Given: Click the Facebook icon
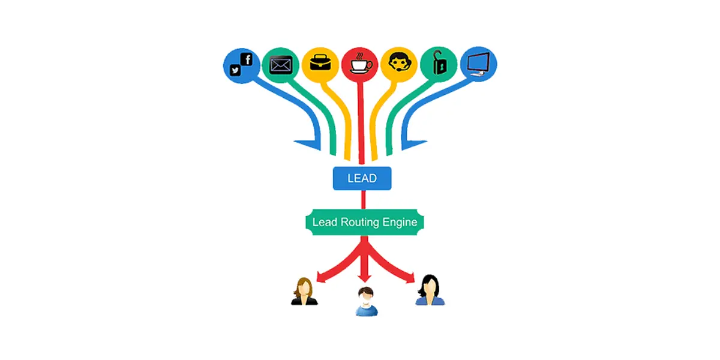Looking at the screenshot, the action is (x=247, y=59).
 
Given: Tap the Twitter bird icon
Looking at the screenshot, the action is (x=235, y=70).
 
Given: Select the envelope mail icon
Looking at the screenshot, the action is (x=281, y=65).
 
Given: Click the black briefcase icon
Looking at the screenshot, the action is (x=320, y=62).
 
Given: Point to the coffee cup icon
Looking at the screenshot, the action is (x=361, y=64).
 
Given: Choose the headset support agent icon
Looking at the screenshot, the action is (x=399, y=62).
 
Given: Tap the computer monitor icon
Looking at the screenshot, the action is (x=479, y=64).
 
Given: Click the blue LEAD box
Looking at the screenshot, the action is (x=362, y=178).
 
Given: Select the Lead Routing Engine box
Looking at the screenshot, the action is (x=365, y=222).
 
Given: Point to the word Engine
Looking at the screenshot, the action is (x=400, y=223).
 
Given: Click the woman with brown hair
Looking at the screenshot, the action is (x=304, y=292).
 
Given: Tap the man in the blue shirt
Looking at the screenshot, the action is (x=367, y=301).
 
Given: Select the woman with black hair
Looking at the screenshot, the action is (x=430, y=290).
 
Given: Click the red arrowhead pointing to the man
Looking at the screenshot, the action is (x=365, y=278).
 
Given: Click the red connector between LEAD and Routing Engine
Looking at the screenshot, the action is (x=364, y=200).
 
